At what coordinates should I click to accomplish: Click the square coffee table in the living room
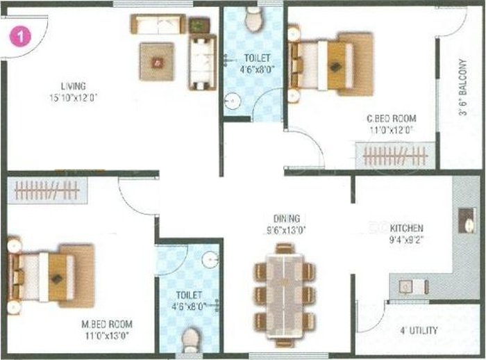(x=156, y=62)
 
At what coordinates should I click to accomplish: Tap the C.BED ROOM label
(x=390, y=118)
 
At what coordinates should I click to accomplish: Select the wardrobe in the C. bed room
(x=390, y=156)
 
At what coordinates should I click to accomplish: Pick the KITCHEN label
(x=406, y=228)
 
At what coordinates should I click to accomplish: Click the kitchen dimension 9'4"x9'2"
(x=406, y=240)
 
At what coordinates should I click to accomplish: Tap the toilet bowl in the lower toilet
(x=190, y=340)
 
